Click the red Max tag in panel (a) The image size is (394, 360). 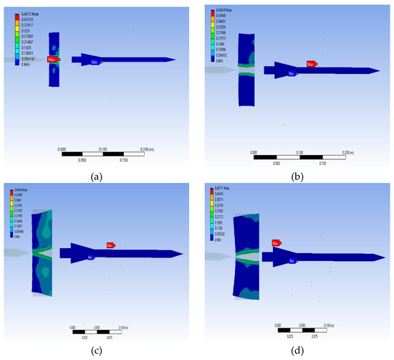(52, 60)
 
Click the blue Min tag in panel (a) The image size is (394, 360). (95, 63)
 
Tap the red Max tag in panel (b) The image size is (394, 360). (311, 64)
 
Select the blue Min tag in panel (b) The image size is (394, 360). (292, 72)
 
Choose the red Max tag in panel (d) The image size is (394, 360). (276, 243)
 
